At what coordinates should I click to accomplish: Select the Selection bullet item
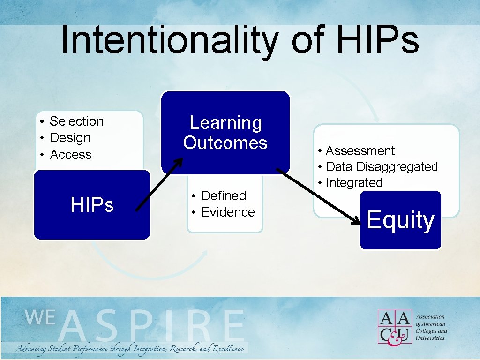(x=76, y=121)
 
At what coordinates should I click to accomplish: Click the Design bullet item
(x=70, y=138)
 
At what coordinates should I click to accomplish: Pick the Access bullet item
(x=70, y=155)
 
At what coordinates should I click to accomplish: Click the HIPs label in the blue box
(x=92, y=205)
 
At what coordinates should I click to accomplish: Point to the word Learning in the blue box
(x=225, y=123)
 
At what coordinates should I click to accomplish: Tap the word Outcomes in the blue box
(x=225, y=142)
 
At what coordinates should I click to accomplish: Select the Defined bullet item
(x=223, y=195)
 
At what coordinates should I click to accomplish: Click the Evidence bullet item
(x=227, y=212)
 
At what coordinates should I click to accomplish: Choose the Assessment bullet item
(x=360, y=150)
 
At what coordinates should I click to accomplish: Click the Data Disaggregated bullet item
(x=381, y=166)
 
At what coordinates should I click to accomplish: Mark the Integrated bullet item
(x=354, y=182)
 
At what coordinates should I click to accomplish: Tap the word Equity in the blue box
(x=400, y=220)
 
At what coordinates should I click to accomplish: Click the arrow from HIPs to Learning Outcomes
(x=159, y=185)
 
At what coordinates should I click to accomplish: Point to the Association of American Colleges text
(x=431, y=327)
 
